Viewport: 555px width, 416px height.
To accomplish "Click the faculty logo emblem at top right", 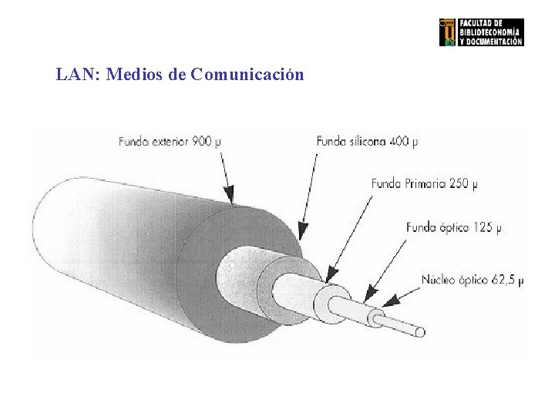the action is pyautogui.click(x=447, y=32).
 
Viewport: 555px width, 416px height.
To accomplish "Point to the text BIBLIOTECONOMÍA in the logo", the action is pyautogui.click(x=490, y=32).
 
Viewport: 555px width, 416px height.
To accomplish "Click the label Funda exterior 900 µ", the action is pyautogui.click(x=170, y=141).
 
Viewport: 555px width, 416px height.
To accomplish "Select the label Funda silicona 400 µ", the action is pyautogui.click(x=368, y=141).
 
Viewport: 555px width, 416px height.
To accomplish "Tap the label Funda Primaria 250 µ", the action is pyautogui.click(x=425, y=184).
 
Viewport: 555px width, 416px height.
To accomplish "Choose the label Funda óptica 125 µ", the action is pyautogui.click(x=453, y=228).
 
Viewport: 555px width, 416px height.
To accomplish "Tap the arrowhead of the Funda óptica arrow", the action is pyautogui.click(x=368, y=296).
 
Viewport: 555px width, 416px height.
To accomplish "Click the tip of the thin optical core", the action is pyautogui.click(x=422, y=332).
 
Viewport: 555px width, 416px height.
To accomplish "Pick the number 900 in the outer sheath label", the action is pyautogui.click(x=203, y=141).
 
